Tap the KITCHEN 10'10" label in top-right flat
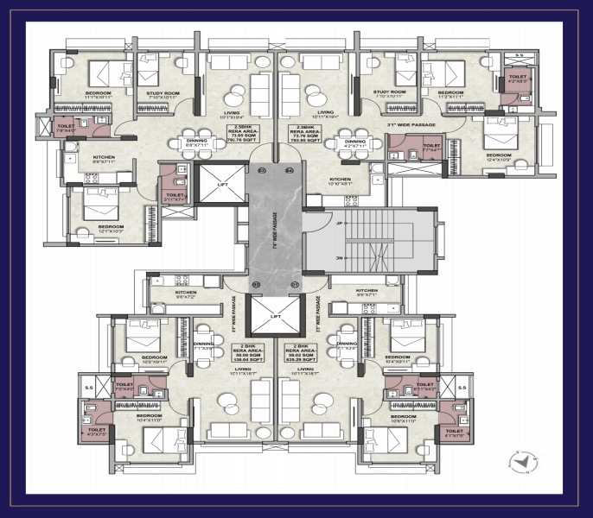[340, 182]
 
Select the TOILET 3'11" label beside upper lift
[174, 196]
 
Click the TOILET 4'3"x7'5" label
[96, 432]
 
